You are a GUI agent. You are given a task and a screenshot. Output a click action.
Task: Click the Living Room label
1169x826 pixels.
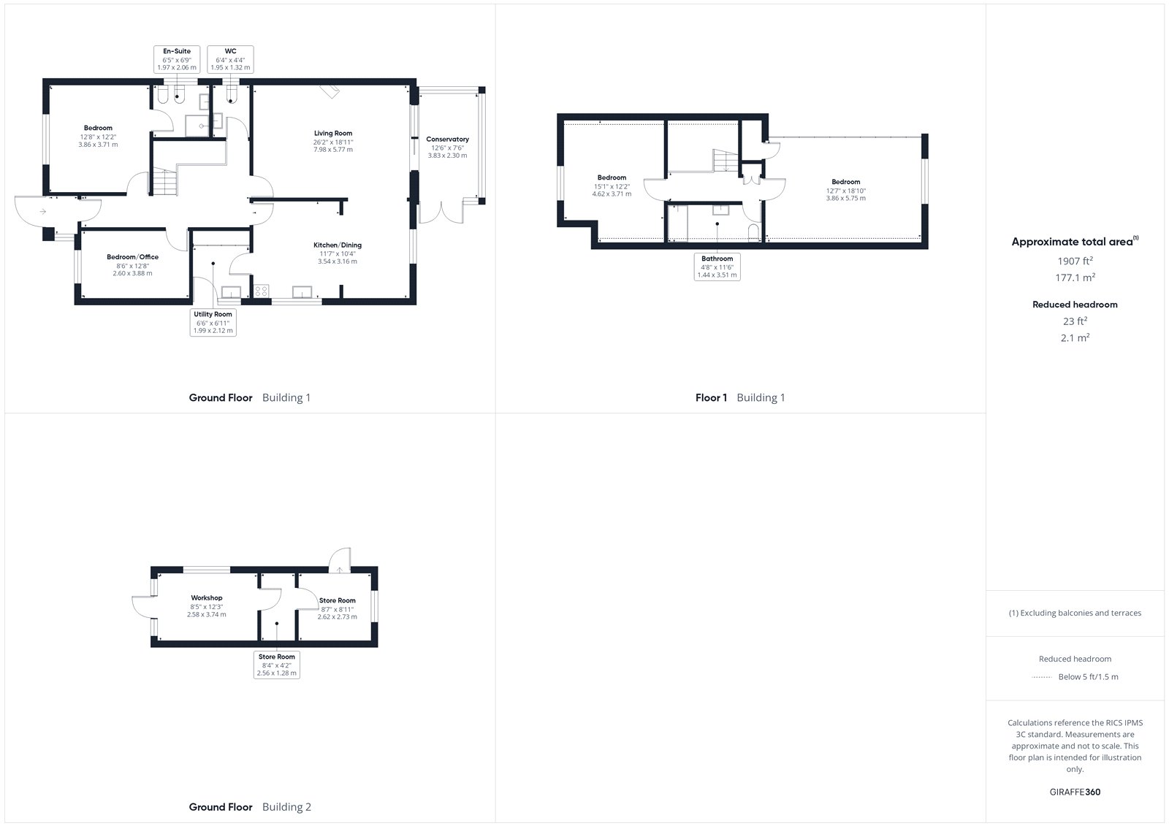(x=333, y=133)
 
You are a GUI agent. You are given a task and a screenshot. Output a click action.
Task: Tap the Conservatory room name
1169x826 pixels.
(x=447, y=139)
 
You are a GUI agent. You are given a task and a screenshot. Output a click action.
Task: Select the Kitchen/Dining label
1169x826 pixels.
(x=337, y=245)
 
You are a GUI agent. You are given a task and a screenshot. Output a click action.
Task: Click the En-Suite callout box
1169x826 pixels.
(x=177, y=59)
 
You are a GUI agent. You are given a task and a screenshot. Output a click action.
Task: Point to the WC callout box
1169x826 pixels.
(x=230, y=59)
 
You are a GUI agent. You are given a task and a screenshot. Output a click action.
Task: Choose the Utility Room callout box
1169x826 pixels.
(x=213, y=323)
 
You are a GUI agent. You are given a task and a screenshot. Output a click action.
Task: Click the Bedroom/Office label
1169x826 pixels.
(x=132, y=257)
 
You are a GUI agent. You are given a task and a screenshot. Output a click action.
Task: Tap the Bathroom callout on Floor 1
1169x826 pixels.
(x=717, y=267)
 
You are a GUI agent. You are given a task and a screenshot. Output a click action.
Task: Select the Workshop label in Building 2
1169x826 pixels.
(x=207, y=597)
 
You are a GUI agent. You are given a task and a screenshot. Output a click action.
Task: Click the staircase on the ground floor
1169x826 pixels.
(x=165, y=182)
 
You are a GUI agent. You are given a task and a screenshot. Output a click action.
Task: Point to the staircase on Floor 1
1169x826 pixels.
(x=726, y=161)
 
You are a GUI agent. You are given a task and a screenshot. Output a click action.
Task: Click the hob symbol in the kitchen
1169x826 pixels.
(x=261, y=291)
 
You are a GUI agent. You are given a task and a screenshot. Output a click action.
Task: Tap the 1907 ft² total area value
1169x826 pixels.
(x=1075, y=261)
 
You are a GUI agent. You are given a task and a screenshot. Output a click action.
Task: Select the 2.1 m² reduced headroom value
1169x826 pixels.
(x=1075, y=337)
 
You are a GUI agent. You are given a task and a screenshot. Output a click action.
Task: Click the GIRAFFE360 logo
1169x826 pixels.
(x=1075, y=792)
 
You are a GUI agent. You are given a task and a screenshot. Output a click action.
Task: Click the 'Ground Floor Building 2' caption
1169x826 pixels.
(x=250, y=807)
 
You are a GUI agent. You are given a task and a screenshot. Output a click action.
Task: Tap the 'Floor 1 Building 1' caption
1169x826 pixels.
(x=740, y=397)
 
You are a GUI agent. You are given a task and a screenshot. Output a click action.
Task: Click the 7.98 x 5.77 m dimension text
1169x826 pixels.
(x=333, y=150)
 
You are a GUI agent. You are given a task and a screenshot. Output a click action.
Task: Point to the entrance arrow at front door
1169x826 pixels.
(x=43, y=211)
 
